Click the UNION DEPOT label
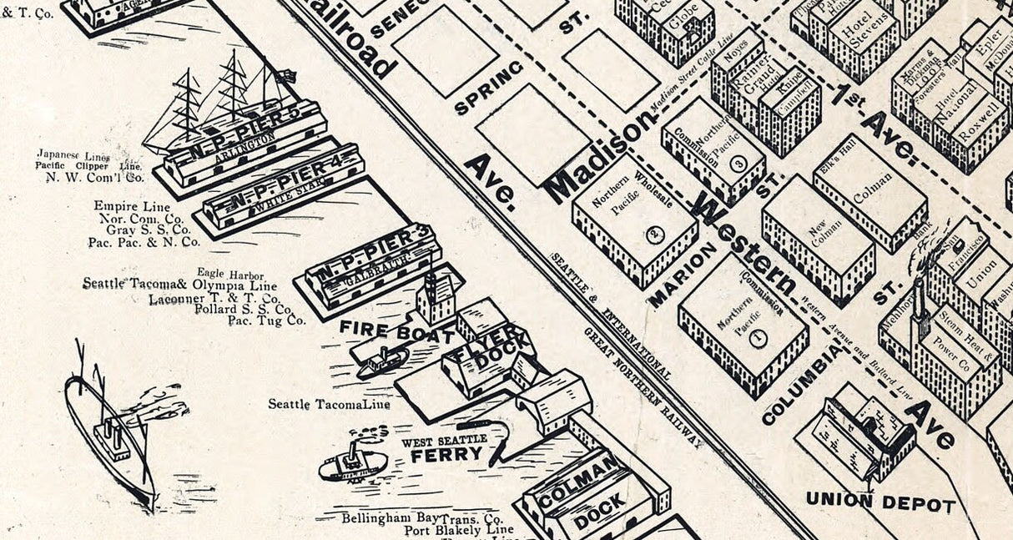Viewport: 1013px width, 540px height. pyautogui.click(x=880, y=503)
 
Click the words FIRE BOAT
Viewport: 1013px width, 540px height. pyautogui.click(x=383, y=330)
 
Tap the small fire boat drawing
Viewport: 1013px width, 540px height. pyautogui.click(x=382, y=361)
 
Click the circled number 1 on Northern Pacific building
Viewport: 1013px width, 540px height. pyautogui.click(x=758, y=339)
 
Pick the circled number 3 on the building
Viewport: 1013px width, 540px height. pyautogui.click(x=737, y=164)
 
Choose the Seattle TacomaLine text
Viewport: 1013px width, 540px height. pyautogui.click(x=329, y=404)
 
